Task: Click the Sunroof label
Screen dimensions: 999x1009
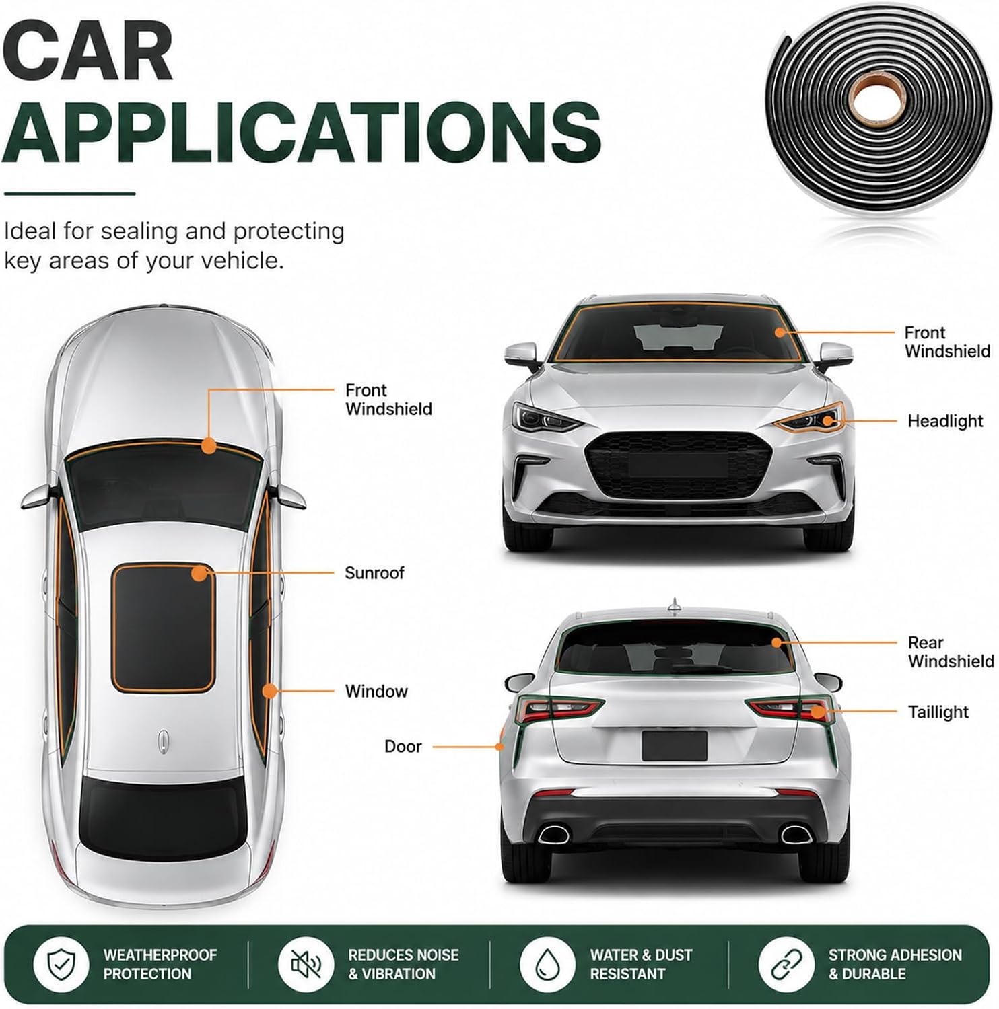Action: pos(374,573)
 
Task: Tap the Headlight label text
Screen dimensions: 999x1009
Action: pos(945,421)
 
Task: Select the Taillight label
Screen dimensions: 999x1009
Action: pos(938,712)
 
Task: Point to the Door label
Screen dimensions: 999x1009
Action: pos(403,746)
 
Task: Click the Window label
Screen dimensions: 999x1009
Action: pos(376,691)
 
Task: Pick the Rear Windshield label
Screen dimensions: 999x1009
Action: pos(951,652)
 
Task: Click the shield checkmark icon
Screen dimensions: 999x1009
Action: pos(61,964)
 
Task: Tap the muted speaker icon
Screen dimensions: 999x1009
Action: pos(306,964)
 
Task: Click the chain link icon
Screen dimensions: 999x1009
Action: pos(786,964)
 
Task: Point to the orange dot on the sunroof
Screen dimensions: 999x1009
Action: pos(199,574)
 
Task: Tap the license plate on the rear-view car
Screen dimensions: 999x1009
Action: pos(675,745)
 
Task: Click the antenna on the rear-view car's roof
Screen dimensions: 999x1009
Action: pos(674,606)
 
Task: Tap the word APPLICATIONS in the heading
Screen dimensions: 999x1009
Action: pos(301,132)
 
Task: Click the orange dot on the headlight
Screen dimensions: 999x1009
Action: pos(829,421)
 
